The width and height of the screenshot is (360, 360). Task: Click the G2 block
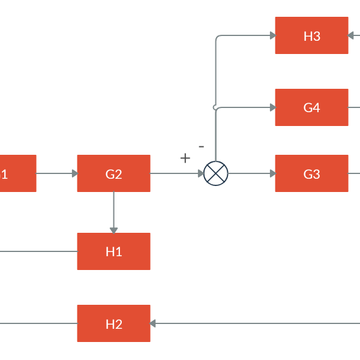(x=113, y=173)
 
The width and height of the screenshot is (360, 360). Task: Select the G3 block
(x=311, y=173)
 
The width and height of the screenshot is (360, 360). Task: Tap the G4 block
(x=311, y=107)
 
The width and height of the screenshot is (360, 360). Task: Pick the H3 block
(x=311, y=35)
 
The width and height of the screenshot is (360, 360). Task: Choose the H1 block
(x=113, y=251)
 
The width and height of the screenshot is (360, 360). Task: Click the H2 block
(x=113, y=323)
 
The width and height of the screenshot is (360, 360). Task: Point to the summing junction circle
(x=216, y=173)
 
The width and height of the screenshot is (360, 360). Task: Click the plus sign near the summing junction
(x=185, y=158)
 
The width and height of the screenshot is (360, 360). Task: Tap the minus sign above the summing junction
(x=201, y=146)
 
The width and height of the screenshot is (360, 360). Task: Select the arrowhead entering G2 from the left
(x=74, y=173)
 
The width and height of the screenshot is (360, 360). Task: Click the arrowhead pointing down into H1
(x=113, y=230)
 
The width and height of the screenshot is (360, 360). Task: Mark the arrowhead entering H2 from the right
(x=153, y=323)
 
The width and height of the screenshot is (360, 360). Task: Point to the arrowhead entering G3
(x=272, y=173)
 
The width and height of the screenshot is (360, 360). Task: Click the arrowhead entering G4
(x=272, y=107)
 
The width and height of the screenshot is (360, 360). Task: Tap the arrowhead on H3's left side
(x=272, y=35)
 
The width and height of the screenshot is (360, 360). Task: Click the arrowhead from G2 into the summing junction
(x=201, y=173)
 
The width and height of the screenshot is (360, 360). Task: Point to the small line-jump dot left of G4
(x=215, y=107)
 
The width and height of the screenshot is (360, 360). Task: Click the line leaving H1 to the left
(x=36, y=251)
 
